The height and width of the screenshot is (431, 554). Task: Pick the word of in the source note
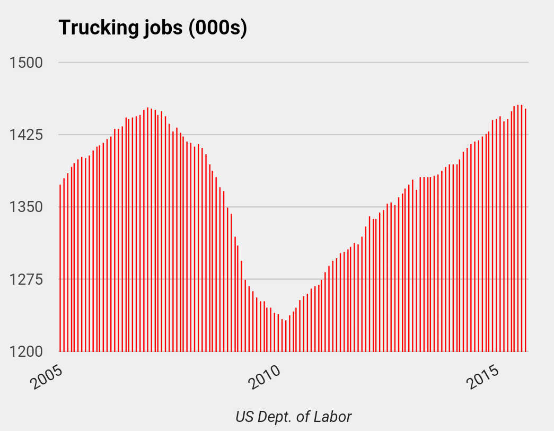pyautogui.click(x=303, y=417)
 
